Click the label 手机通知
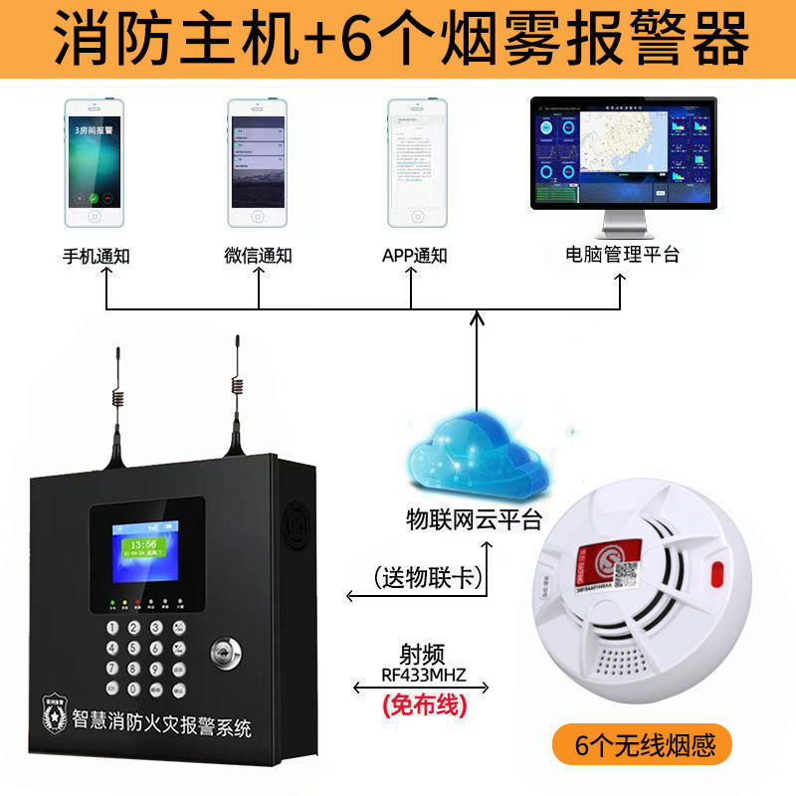pos(97,256)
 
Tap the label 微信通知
pos(258,256)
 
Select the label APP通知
pos(415,256)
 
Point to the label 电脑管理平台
pos(622,255)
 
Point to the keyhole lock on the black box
pos(225,655)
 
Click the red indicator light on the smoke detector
pos(715,574)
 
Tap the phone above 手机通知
pos(97,164)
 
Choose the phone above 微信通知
pos(258,164)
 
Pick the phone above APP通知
pos(416,164)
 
